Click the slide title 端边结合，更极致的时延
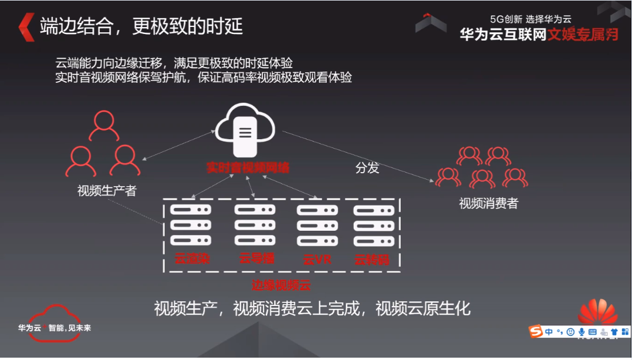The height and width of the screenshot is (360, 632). pos(141,26)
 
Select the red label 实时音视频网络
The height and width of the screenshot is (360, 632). pos(248,167)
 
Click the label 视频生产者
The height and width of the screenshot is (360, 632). pos(106,191)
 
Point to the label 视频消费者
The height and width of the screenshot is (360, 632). pos(488,203)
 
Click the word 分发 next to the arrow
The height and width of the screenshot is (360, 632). pos(367,168)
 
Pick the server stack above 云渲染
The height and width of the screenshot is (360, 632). pos(190,224)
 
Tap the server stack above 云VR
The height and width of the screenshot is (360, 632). pos(317,224)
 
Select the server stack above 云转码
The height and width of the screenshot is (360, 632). pos(372,224)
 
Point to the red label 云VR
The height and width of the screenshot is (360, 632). pos(317,259)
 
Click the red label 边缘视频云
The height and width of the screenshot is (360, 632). pos(280,286)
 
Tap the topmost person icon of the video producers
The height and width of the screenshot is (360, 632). pos(104,125)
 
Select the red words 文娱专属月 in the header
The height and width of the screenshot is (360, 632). pos(583,35)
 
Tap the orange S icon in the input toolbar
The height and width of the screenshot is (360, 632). pos(536,332)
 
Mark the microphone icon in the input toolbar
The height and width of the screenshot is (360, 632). pos(582,332)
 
